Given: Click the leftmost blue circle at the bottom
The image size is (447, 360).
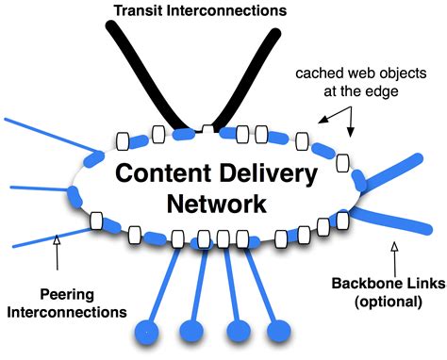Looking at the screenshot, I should [x=149, y=331].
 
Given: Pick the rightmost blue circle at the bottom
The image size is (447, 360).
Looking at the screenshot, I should [x=279, y=332].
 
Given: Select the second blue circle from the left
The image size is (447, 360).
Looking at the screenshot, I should [x=192, y=331].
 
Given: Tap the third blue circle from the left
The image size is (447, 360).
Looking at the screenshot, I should [x=236, y=332].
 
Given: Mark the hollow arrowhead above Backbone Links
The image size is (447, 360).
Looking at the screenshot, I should [x=395, y=247].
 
